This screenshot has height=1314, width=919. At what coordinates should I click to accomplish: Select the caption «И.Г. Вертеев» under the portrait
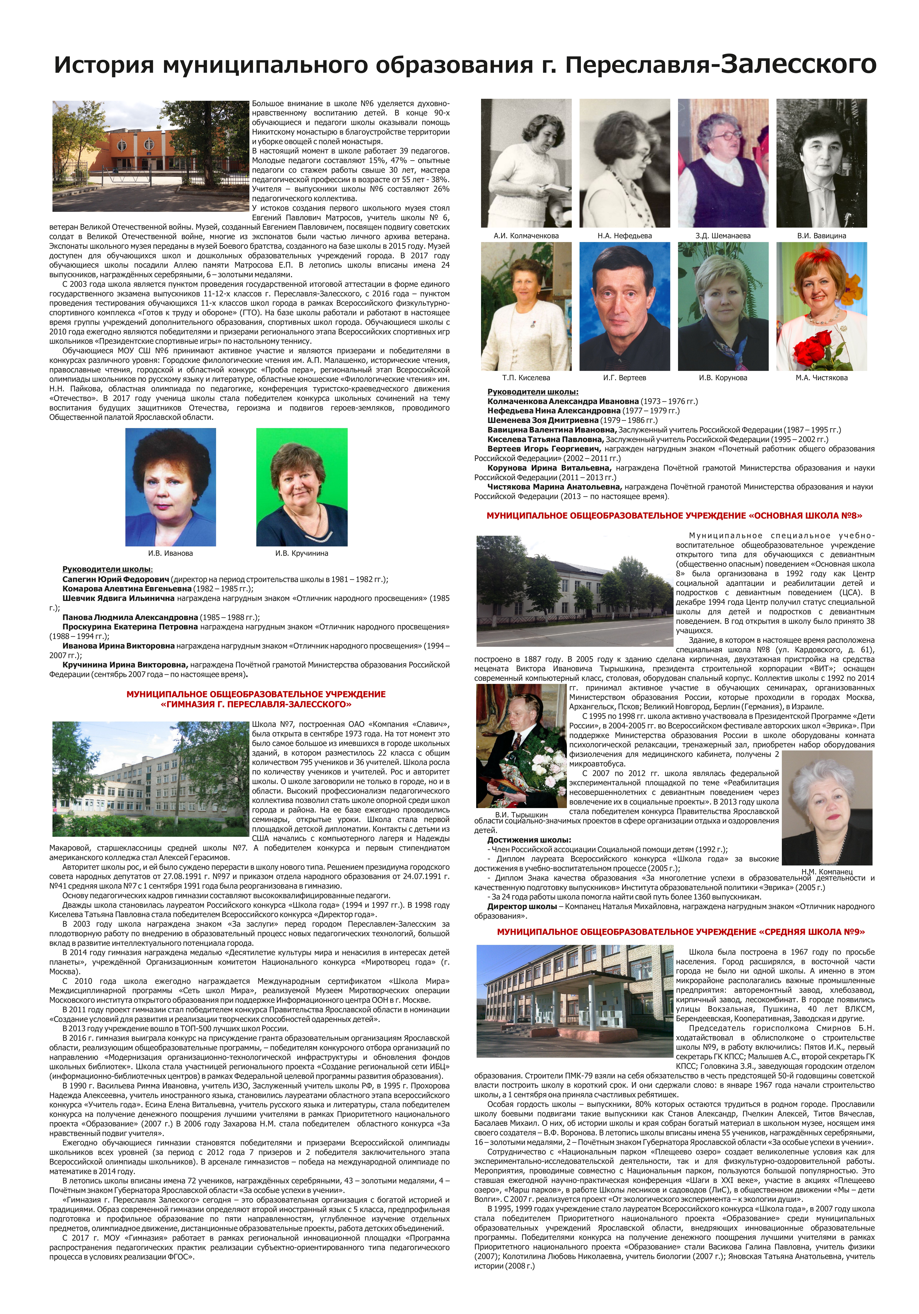pos(624,378)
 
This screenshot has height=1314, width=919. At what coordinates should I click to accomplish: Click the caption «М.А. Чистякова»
pos(821,378)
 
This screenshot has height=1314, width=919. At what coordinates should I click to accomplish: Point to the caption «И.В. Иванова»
pos(171,553)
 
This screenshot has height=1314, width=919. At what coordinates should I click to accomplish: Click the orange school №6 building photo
pos(150,156)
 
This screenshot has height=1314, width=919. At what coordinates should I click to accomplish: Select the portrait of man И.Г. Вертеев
pos(624,306)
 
